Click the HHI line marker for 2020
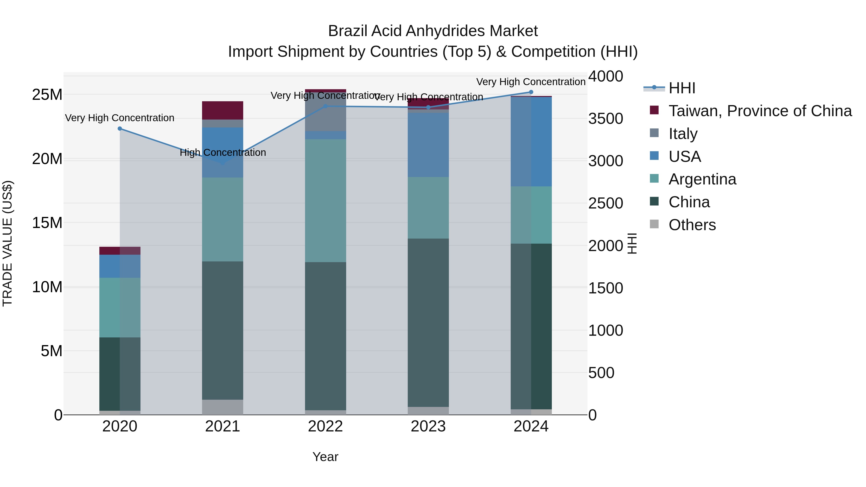coord(120,129)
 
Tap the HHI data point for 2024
coord(531,92)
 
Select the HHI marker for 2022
coord(325,107)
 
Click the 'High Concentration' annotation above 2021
coord(223,152)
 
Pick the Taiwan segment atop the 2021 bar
coord(223,110)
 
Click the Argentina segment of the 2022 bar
coord(325,201)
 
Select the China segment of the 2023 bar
coord(428,323)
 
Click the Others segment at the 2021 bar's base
coord(223,407)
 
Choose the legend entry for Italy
coord(682,134)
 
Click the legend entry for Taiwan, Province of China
coord(760,111)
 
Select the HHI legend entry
coord(681,88)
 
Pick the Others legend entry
coord(692,225)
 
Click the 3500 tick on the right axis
coord(605,119)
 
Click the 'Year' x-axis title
coord(325,457)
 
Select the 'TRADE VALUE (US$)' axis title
coord(7,243)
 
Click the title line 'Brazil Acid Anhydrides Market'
coord(433,31)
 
